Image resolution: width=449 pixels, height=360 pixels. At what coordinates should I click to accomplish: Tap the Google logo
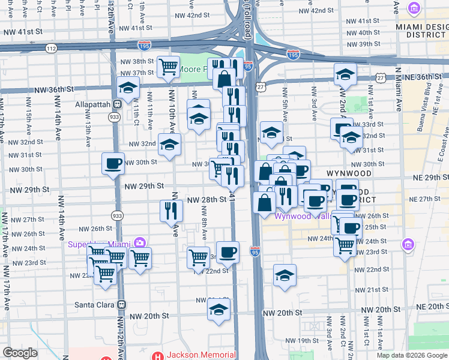20,353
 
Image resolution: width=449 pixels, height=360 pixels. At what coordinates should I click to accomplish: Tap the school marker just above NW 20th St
219,309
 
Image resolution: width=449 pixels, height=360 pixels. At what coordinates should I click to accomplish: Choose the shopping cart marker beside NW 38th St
169,66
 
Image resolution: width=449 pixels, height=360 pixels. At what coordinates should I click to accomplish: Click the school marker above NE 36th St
345,74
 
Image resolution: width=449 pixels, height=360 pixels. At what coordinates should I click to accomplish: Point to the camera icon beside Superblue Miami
140,242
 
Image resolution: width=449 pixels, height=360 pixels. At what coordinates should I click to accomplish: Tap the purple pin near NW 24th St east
408,244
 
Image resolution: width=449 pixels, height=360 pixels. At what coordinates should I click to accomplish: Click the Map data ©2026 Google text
411,355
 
